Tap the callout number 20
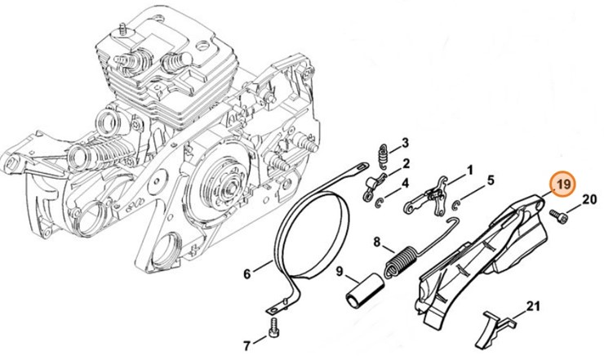[589, 198]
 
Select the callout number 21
[533, 306]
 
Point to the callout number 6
[246, 273]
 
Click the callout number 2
[405, 163]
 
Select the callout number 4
[405, 182]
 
